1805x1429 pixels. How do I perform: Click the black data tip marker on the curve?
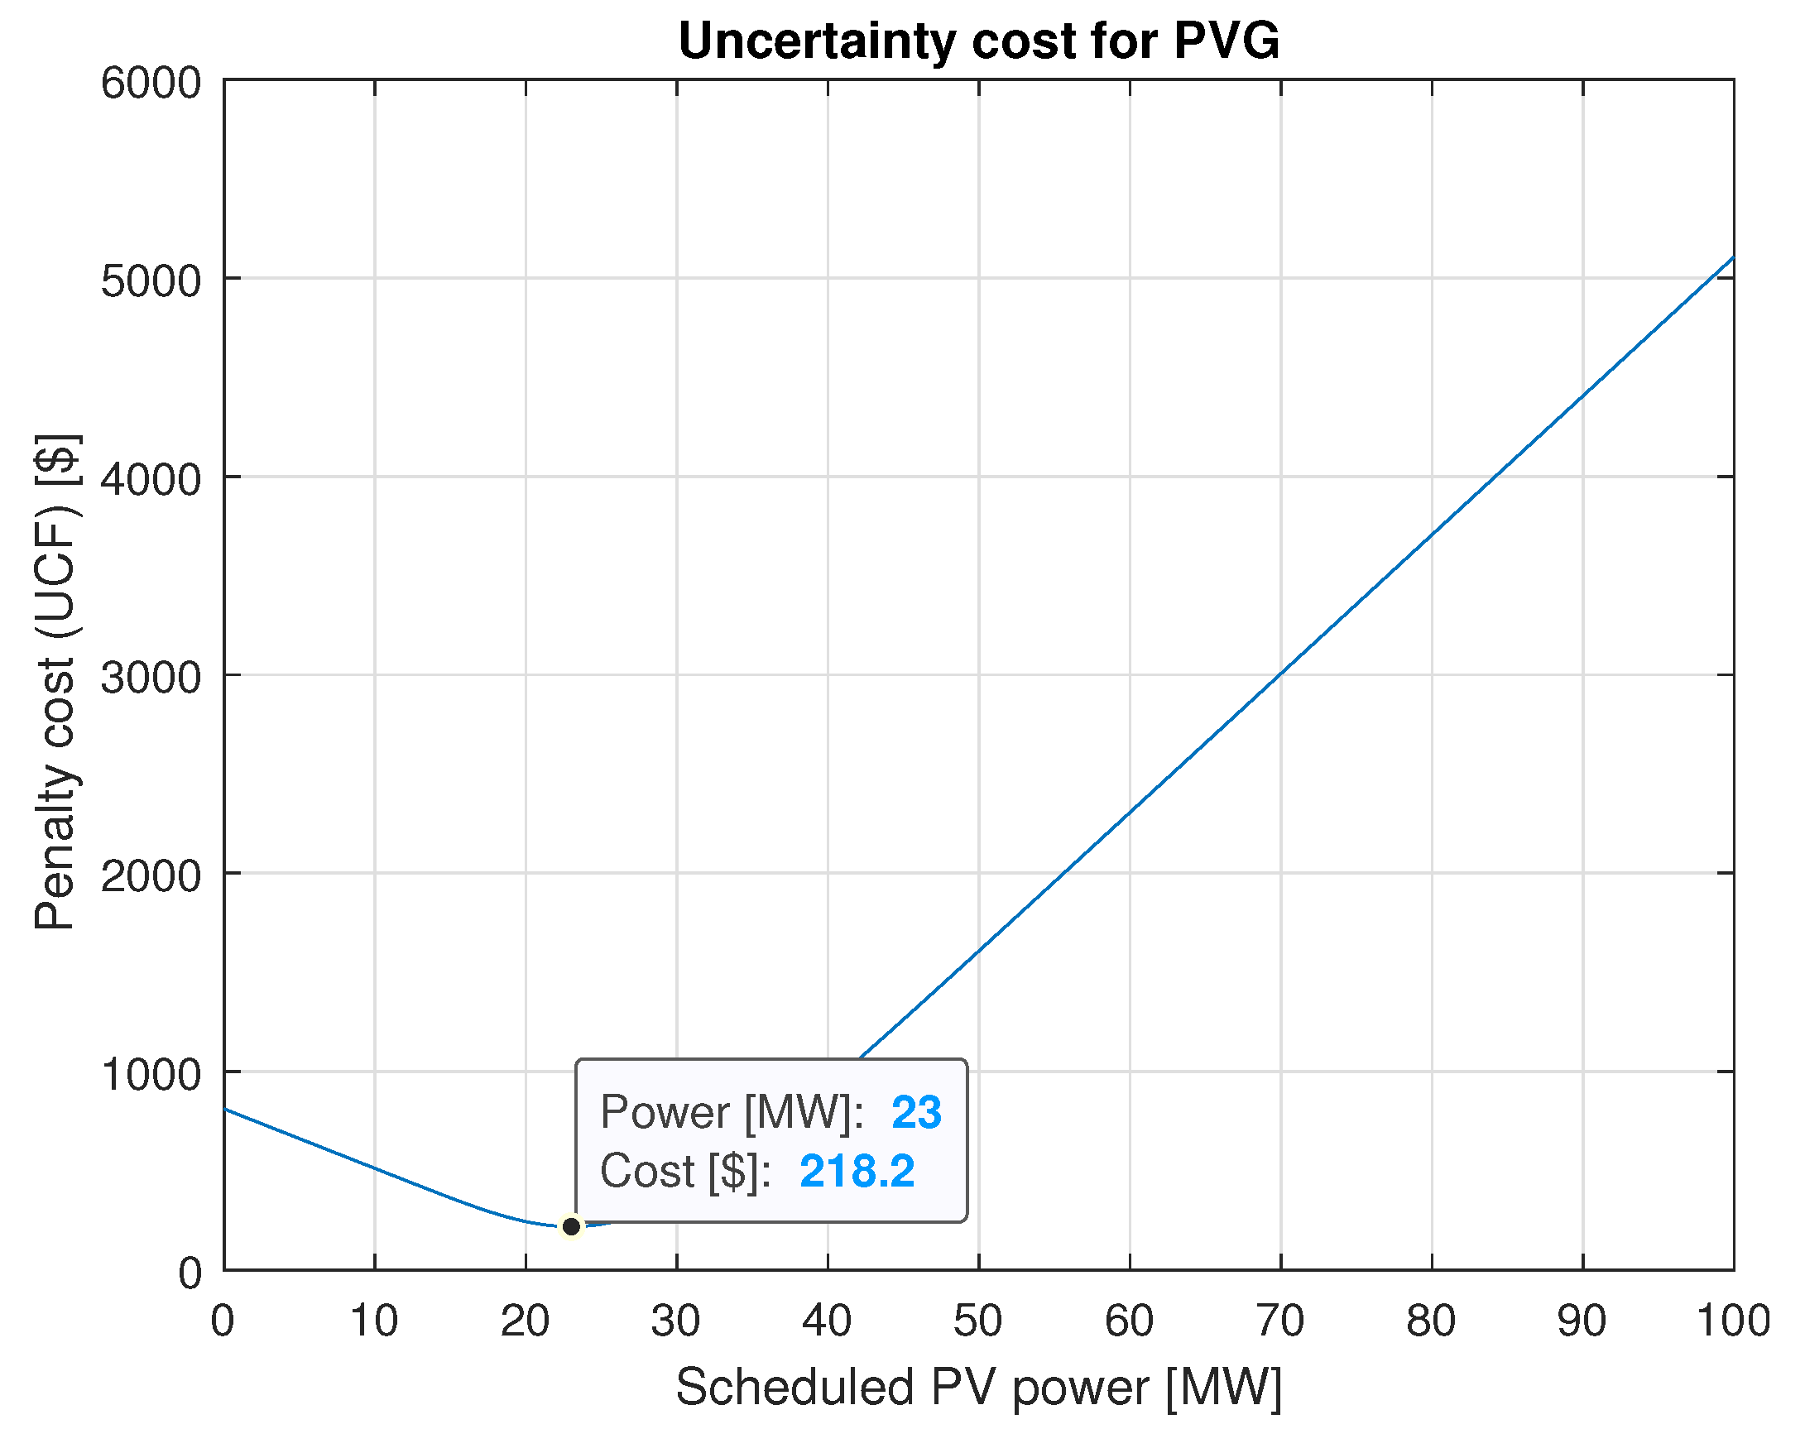[x=571, y=1226]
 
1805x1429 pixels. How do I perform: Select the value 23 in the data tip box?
[x=916, y=1113]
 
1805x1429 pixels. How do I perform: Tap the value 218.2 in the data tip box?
[x=857, y=1171]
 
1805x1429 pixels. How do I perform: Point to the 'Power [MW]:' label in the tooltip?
[x=732, y=1113]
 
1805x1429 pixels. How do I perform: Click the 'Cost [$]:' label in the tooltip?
[x=684, y=1171]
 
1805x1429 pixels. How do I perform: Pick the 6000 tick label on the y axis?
[x=151, y=84]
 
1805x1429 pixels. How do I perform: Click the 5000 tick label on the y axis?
[x=151, y=282]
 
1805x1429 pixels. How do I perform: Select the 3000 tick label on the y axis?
[x=151, y=678]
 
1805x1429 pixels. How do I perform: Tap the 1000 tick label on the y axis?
[x=151, y=1074]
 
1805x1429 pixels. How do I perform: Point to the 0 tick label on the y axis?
[x=190, y=1273]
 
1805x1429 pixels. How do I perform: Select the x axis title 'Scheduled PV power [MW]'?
[x=978, y=1388]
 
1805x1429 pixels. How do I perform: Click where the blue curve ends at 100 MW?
[x=1732, y=257]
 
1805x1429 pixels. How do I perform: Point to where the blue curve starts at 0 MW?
[x=226, y=1110]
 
